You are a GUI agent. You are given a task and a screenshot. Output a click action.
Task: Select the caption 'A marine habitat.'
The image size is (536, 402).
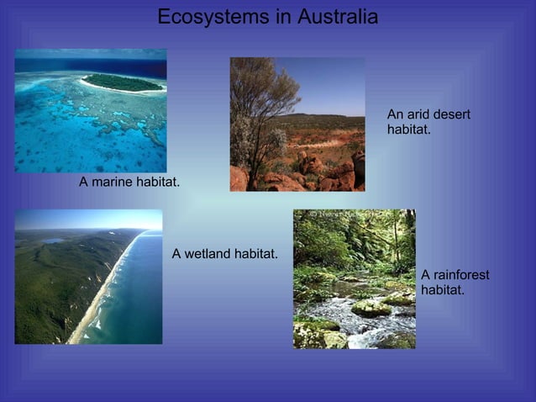(129, 182)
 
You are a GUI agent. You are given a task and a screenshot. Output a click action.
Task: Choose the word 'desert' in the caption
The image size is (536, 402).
(452, 114)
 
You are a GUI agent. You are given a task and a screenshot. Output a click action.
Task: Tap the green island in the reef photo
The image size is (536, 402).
(123, 82)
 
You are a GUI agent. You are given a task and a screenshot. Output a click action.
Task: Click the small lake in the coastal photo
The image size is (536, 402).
(54, 241)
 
